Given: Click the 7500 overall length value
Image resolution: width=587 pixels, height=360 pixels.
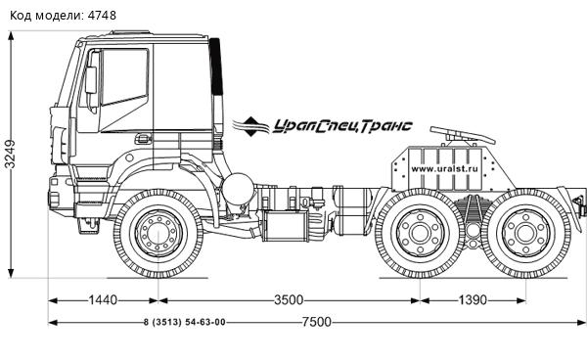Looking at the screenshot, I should tap(315, 323).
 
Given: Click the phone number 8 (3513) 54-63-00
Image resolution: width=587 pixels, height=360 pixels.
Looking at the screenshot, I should tap(184, 323).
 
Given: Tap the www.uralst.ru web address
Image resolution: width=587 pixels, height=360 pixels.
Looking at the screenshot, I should tap(442, 168).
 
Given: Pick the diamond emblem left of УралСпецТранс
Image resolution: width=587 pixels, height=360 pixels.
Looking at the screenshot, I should tap(251, 126).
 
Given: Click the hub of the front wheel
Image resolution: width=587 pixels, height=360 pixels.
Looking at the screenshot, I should tap(155, 236).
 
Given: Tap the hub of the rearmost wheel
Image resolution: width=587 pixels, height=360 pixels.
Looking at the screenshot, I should tap(525, 235).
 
